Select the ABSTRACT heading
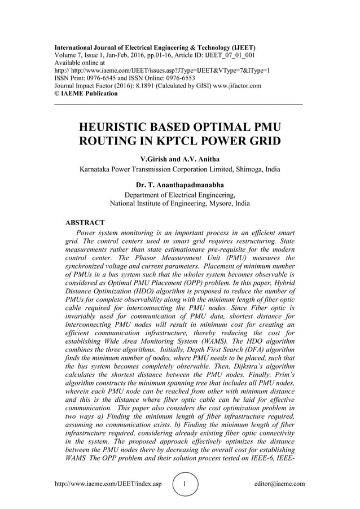tap(85, 222)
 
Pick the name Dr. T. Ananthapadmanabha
tap(180, 185)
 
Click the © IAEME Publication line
tap(86, 94)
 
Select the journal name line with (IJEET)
tap(155, 47)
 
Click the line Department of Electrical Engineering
tap(180, 195)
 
